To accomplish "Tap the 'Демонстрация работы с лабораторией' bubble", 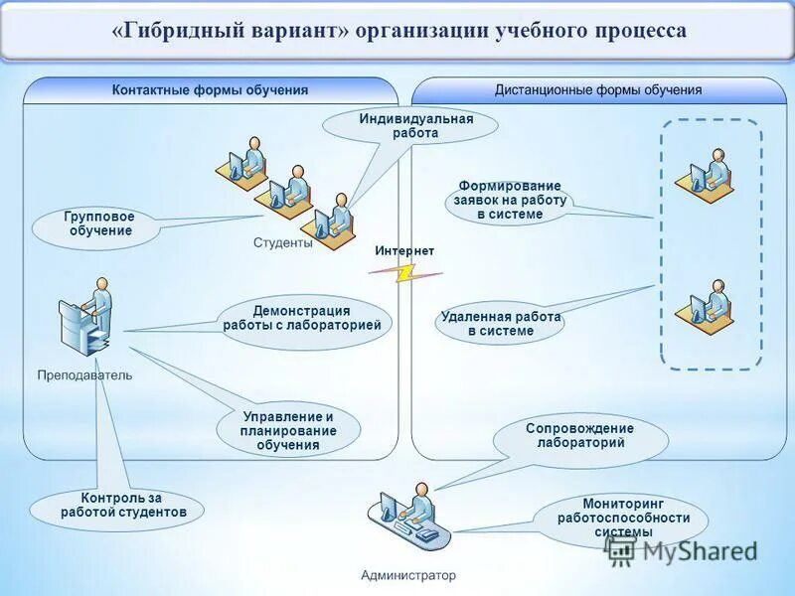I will (x=301, y=318).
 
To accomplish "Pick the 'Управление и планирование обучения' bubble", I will (x=288, y=431).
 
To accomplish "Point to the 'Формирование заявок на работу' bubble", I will (x=509, y=200).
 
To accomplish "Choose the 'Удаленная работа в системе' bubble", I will (x=501, y=324).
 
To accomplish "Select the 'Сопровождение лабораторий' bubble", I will (x=579, y=436).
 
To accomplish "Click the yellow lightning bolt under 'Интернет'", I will (x=405, y=272).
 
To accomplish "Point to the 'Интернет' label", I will (x=404, y=251).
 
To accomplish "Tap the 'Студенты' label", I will (x=282, y=242).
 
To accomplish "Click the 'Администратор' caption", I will (x=408, y=575).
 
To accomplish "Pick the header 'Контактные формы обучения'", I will (x=210, y=90).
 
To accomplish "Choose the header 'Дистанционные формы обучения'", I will (x=598, y=90).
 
